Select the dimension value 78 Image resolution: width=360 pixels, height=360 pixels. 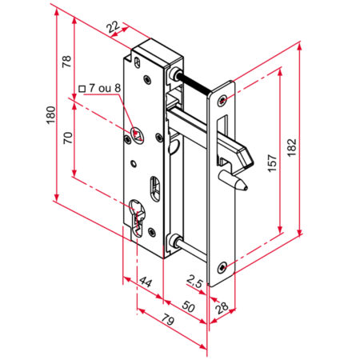coord(68,62)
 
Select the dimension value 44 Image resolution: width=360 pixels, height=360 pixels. coord(146,282)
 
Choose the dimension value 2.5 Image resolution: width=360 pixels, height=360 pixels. coord(194,280)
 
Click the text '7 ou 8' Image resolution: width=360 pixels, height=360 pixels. coord(104,87)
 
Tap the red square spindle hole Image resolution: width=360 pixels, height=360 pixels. coord(137,133)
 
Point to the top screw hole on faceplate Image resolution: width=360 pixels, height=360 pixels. coord(222,99)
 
